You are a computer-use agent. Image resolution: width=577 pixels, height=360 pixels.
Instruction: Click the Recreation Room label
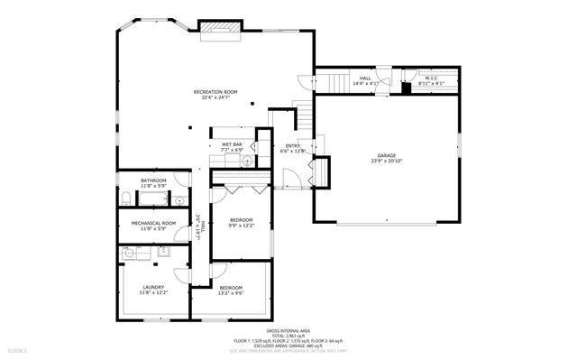(x=215, y=92)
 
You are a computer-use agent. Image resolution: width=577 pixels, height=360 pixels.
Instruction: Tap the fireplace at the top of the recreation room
(x=219, y=30)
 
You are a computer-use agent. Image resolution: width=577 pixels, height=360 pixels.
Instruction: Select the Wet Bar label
(x=232, y=144)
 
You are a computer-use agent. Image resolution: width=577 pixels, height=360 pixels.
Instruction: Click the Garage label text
(x=385, y=155)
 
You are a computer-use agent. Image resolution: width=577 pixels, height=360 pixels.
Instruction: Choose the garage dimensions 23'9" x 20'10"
(x=385, y=162)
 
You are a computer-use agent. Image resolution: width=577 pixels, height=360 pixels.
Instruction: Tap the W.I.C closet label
(x=431, y=78)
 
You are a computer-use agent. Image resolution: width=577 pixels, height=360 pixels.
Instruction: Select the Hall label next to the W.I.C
(x=365, y=78)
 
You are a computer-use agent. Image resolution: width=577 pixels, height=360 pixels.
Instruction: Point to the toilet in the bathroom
(x=124, y=198)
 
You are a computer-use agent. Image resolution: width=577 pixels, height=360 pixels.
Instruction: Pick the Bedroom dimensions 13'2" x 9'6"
(x=232, y=293)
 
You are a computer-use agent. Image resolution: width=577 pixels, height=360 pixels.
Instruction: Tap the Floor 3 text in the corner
(x=18, y=350)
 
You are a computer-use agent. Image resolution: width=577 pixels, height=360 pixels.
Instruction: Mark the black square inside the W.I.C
(x=407, y=88)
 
